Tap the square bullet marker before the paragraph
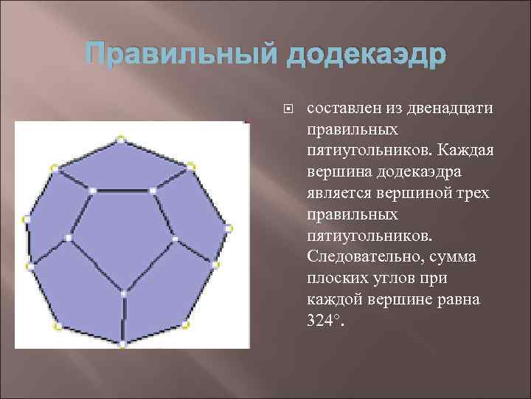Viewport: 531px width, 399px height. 288,109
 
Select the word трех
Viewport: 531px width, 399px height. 468,194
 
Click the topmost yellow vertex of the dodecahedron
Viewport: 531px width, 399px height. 121,138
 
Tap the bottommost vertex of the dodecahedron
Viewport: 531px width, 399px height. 123,344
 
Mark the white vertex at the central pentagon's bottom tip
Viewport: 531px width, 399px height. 123,293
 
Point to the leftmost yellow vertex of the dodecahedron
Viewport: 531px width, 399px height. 27,219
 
